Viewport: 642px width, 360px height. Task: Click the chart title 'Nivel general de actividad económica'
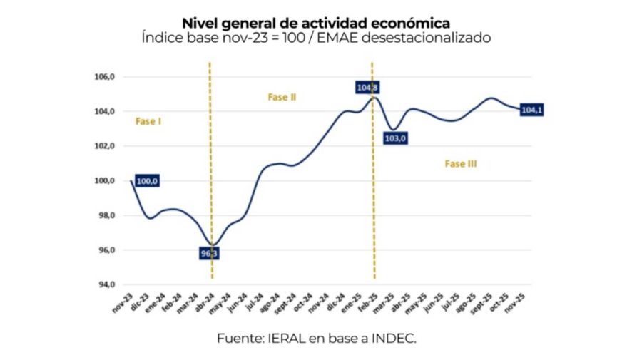[x=316, y=24]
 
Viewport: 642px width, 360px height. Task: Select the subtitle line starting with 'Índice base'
[x=316, y=38]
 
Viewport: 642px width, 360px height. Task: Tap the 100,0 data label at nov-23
[x=146, y=181]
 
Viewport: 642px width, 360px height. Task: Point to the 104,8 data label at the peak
[x=367, y=88]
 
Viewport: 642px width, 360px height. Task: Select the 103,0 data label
[x=397, y=138]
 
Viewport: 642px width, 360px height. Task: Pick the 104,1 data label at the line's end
[x=532, y=110]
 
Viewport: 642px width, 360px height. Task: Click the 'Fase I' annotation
[x=148, y=122]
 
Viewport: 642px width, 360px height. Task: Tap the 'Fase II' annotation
[x=282, y=97]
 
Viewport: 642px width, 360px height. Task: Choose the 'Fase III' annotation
[x=461, y=164]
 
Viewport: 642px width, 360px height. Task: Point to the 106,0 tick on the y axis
[x=105, y=77]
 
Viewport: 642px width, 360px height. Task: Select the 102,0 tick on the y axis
[x=105, y=146]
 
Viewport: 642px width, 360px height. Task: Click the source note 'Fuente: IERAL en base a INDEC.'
[x=316, y=339]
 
